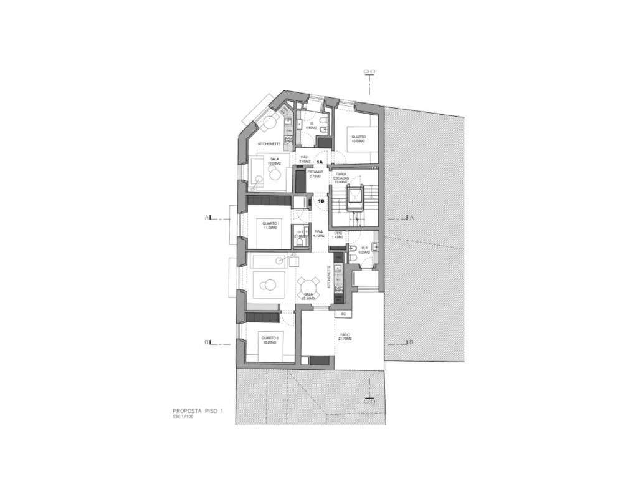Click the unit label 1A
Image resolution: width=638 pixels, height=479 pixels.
[318, 161]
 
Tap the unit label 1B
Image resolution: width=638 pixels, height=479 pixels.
[321, 201]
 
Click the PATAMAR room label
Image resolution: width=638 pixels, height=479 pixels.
[315, 173]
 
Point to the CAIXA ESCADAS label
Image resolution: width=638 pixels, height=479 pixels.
[341, 178]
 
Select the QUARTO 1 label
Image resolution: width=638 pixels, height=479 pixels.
[271, 225]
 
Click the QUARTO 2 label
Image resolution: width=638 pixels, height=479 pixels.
[270, 341]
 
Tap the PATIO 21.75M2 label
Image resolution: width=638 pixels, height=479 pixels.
[345, 337]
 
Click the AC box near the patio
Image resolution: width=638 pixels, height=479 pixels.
[343, 313]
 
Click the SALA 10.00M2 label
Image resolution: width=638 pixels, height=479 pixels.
[274, 161]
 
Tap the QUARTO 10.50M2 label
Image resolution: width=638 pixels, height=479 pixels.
[358, 138]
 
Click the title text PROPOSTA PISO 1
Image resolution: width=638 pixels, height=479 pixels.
[198, 411]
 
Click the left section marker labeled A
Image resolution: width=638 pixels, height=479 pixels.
[206, 218]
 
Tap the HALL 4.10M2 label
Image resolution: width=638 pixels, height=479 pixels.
[318, 234]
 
